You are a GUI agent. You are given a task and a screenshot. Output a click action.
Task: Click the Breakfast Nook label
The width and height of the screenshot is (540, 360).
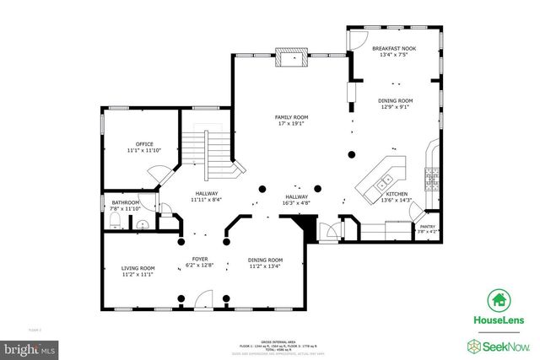pos(392,49)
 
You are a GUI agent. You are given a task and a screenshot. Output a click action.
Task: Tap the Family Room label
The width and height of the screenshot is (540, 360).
pos(289,117)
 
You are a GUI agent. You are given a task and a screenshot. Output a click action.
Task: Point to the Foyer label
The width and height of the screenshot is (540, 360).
pos(200,260)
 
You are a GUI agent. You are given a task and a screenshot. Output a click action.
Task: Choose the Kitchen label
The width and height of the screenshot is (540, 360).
pos(397,195)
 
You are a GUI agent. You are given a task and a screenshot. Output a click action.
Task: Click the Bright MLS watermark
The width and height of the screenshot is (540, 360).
pos(30,347)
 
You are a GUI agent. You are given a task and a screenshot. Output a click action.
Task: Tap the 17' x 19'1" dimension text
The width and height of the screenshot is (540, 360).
pos(289,124)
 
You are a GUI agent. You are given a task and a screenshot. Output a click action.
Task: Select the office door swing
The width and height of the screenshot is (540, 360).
pos(154,175)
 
